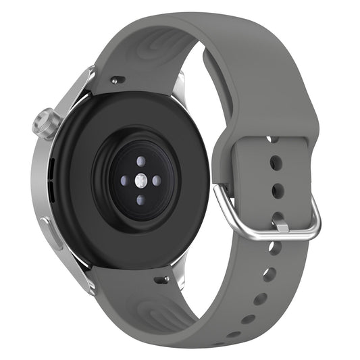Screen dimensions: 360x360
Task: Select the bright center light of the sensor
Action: click(140, 180)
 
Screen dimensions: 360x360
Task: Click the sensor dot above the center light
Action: click(140, 161)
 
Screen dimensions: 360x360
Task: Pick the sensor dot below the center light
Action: click(140, 200)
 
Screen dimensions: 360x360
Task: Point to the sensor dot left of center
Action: click(124, 180)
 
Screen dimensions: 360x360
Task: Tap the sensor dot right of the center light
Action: click(156, 180)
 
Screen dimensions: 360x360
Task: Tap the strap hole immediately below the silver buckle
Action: click(274, 248)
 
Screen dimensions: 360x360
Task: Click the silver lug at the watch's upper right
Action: click(180, 88)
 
